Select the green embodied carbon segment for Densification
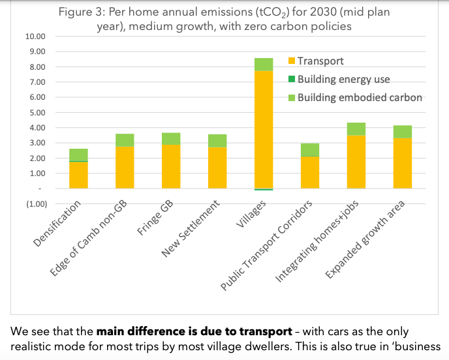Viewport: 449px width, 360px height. pos(78,155)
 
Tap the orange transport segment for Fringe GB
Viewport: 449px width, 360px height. pos(171,166)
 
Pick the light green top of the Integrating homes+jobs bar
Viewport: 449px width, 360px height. pos(356,128)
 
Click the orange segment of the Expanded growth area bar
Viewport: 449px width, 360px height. pos(402,163)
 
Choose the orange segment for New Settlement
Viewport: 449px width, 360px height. pos(218,168)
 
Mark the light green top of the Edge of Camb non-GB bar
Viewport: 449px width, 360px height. pos(125,140)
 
